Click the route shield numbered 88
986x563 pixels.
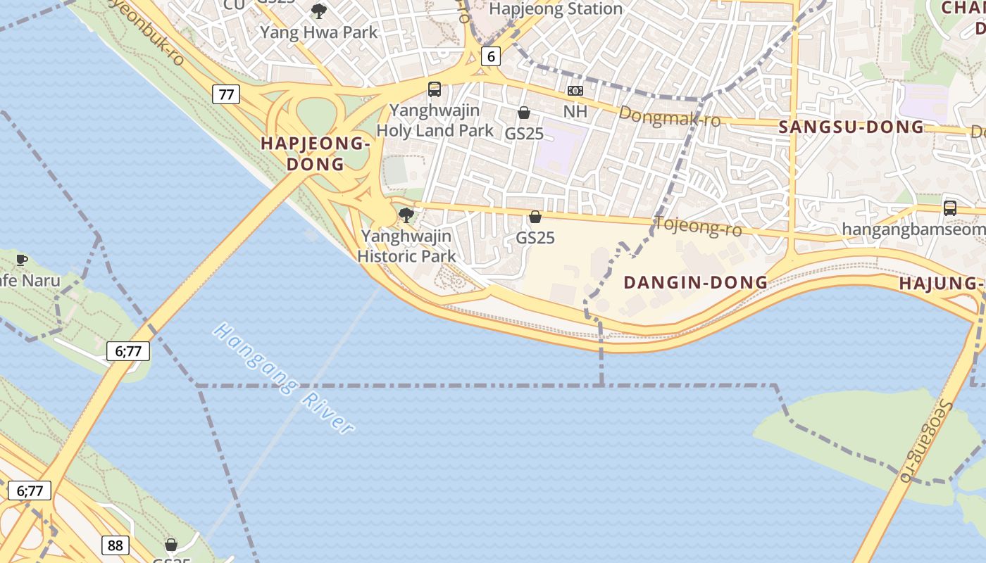pyautogui.click(x=116, y=545)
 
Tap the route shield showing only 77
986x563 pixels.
pyautogui.click(x=226, y=94)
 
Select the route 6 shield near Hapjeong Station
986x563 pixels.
pyautogui.click(x=490, y=56)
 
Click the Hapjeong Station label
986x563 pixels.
pyautogui.click(x=555, y=9)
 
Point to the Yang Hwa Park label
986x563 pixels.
pyautogui.click(x=319, y=32)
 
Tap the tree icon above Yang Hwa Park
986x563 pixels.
pyautogui.click(x=319, y=11)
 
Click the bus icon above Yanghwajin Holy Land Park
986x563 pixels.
pyautogui.click(x=435, y=89)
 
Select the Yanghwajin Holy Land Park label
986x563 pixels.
pyautogui.click(x=435, y=120)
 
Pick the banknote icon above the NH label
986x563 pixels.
pyautogui.click(x=575, y=91)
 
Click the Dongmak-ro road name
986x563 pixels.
pyautogui.click(x=670, y=116)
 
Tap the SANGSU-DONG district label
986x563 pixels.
pyautogui.click(x=851, y=127)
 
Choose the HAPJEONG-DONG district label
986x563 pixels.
pyautogui.click(x=315, y=153)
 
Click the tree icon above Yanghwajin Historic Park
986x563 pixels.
pyautogui.click(x=406, y=215)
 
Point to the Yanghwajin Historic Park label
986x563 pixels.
pyautogui.click(x=406, y=246)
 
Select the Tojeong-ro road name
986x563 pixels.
pyautogui.click(x=698, y=227)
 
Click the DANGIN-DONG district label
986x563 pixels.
pyautogui.click(x=696, y=282)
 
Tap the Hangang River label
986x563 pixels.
pyautogui.click(x=284, y=378)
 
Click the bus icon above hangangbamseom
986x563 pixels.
pyautogui.click(x=949, y=208)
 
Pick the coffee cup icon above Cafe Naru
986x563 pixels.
pyautogui.click(x=22, y=260)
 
